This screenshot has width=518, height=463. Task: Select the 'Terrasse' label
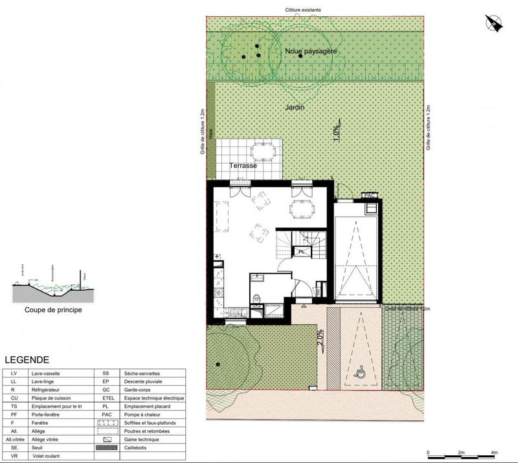242,166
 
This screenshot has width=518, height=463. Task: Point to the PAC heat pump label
370,195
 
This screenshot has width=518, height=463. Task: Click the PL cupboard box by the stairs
302,251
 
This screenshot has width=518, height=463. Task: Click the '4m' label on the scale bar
494,453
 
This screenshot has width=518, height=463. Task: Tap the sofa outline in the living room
222,218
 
